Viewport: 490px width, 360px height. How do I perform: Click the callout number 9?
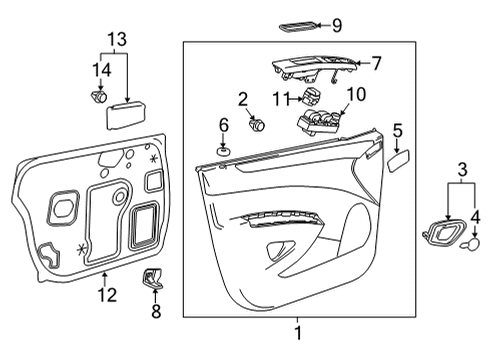[336, 25]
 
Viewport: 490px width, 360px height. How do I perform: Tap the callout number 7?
[376, 63]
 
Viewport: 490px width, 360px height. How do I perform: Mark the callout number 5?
[397, 130]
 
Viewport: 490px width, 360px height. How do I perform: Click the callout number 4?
[476, 214]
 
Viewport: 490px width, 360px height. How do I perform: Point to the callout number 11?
[281, 97]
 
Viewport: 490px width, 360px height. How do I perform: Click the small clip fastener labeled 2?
[256, 125]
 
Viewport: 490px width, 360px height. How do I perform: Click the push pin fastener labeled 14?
[98, 97]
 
